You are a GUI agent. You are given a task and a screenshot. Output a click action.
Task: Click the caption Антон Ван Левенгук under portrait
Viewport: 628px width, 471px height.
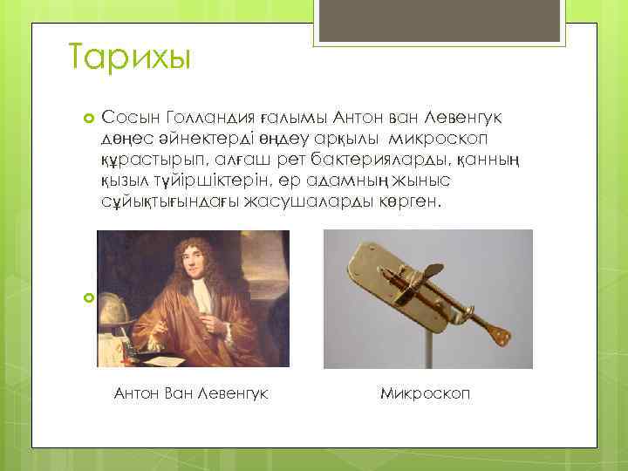[x=191, y=393]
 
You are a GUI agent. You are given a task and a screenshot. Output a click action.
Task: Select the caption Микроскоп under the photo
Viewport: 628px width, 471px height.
[x=425, y=393]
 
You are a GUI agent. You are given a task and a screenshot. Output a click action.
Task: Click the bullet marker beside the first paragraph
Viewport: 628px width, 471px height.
[x=88, y=118]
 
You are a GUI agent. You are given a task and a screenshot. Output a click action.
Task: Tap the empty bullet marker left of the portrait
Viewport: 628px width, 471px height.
[x=88, y=298]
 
